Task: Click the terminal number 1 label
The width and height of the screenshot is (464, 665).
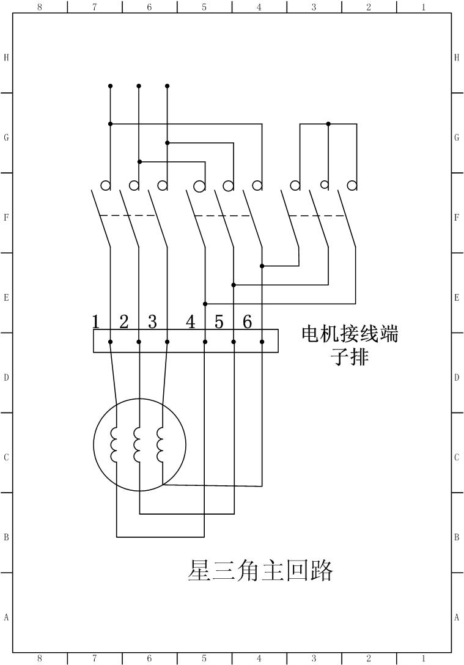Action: (95, 322)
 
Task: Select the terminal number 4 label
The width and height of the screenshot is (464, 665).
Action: (191, 322)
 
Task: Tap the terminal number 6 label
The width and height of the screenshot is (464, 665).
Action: (248, 322)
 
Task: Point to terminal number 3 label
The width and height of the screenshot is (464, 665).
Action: (152, 322)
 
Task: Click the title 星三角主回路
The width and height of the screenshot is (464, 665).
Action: (260, 570)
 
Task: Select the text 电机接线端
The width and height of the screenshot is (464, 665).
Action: (350, 334)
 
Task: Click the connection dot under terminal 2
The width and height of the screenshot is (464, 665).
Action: (139, 342)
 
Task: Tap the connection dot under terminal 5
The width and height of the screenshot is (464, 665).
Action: (234, 342)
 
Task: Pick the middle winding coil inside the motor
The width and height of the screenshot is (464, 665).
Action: (138, 444)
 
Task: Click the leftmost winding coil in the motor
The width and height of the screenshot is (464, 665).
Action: (114, 444)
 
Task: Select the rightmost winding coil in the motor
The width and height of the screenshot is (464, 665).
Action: (160, 444)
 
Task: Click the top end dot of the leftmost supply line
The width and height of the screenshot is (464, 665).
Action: (110, 86)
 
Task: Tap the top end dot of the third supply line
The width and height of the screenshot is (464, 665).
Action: (168, 86)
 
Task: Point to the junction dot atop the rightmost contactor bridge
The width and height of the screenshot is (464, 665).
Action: (328, 123)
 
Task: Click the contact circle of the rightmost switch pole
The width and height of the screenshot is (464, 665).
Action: (352, 185)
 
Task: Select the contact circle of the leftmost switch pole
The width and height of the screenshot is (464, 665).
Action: (106, 185)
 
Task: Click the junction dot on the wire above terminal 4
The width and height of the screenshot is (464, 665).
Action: (205, 304)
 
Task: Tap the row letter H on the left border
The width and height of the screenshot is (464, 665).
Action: (6, 57)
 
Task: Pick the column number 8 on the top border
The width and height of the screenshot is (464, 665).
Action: (40, 7)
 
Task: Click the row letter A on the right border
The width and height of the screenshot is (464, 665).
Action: (457, 617)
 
